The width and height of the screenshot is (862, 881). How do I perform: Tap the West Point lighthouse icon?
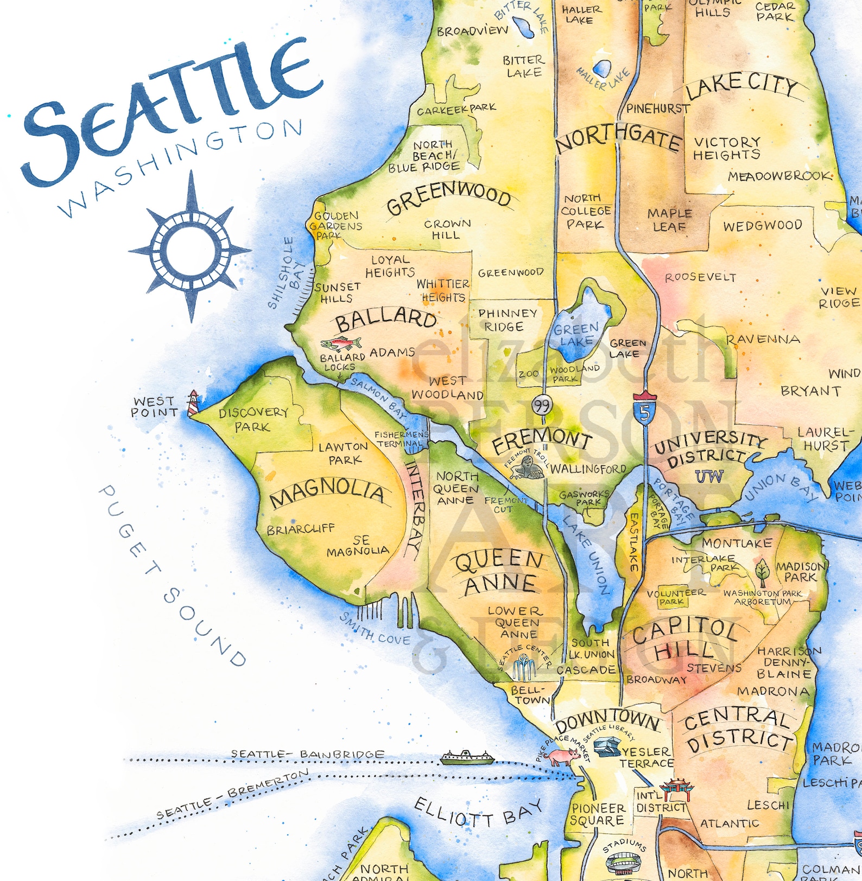coord(192,403)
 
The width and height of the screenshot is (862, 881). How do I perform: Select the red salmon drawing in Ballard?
coord(341,343)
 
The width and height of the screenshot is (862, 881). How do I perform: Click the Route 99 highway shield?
coord(542,404)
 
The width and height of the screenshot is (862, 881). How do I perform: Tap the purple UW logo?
coord(709,476)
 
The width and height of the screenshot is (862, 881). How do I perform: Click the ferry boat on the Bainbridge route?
coord(467,757)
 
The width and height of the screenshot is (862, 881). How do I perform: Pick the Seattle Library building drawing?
coord(607,746)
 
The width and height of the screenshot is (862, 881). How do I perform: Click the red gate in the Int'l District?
coord(676,789)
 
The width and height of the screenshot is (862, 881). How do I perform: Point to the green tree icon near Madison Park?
coord(762,570)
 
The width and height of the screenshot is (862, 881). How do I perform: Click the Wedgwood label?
coord(762,226)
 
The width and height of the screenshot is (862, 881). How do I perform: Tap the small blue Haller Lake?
coord(601,68)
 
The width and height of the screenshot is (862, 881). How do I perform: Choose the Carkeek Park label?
coord(456,109)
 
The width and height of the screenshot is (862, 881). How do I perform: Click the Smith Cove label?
coord(375,630)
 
